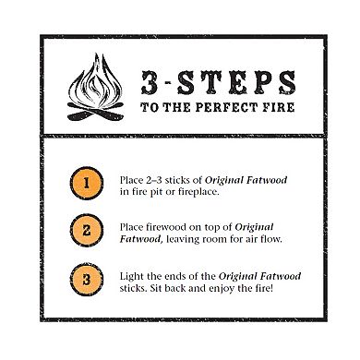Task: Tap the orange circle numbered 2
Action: click(86, 232)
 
